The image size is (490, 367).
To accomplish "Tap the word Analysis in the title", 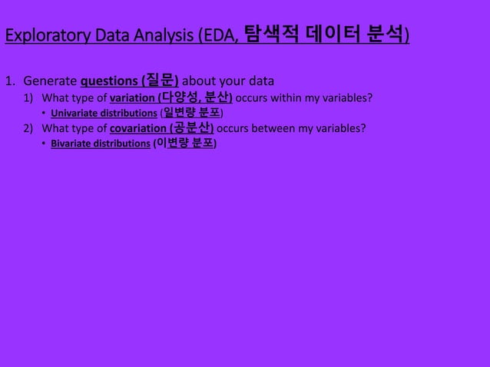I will (x=166, y=36).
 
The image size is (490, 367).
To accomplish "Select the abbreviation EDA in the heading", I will (x=221, y=36).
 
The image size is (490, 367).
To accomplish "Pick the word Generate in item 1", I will (x=49, y=81).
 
